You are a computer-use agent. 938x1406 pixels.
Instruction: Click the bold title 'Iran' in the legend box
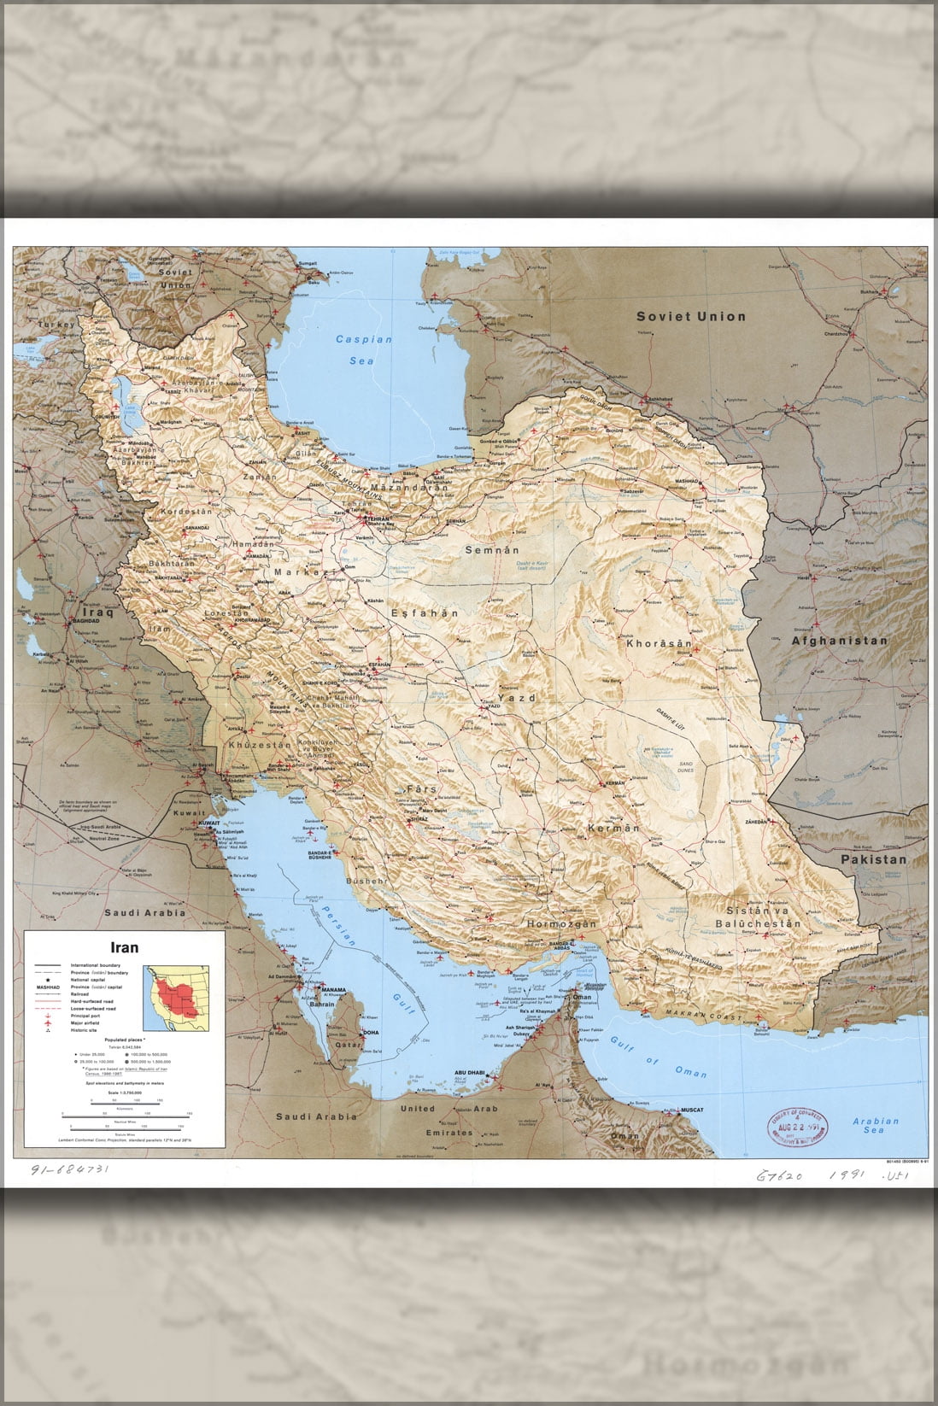[124, 947]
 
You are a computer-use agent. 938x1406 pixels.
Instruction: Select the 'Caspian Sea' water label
[364, 349]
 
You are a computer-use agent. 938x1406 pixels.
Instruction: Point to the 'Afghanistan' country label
[839, 640]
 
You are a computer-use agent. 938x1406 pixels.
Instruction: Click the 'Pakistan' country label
[872, 859]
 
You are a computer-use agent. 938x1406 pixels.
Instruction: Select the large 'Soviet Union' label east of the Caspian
[690, 316]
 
